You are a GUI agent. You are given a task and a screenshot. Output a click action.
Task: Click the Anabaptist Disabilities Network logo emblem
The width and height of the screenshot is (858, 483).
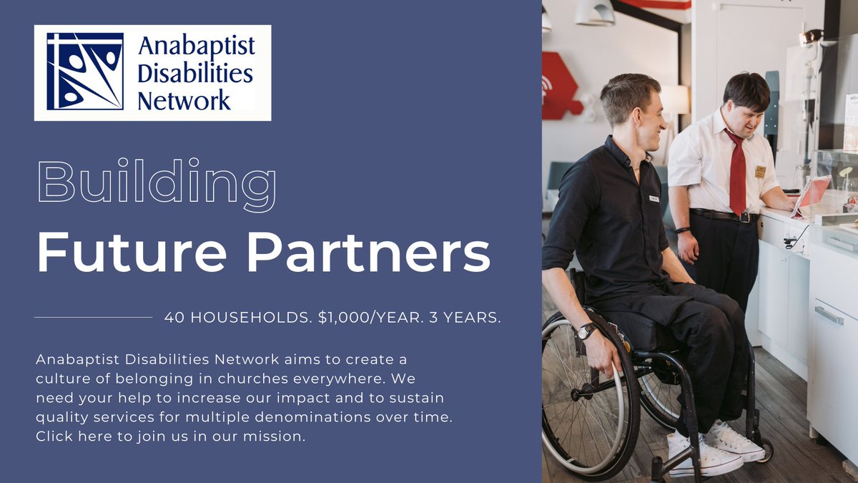(84, 72)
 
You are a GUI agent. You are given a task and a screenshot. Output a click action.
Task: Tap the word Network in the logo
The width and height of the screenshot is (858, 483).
(184, 99)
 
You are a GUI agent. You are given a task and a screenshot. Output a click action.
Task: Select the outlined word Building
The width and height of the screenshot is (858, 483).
(156, 182)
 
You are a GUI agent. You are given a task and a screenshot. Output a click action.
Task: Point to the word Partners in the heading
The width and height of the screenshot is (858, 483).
(368, 253)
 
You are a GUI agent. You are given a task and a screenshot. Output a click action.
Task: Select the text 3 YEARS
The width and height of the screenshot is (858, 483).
(465, 318)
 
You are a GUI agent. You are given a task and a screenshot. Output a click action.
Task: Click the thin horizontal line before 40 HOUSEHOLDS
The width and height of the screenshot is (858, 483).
(93, 317)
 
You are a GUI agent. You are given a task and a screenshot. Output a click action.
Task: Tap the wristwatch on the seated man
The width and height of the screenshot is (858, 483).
(586, 331)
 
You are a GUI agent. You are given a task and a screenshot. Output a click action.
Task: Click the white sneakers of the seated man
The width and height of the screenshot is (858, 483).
(715, 451)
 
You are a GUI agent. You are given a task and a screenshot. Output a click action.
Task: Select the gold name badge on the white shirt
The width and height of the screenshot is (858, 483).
(760, 172)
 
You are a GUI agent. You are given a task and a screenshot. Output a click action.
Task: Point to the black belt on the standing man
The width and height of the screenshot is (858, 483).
(722, 215)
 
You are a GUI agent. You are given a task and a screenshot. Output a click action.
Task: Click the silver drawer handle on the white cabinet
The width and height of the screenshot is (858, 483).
(829, 315)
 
